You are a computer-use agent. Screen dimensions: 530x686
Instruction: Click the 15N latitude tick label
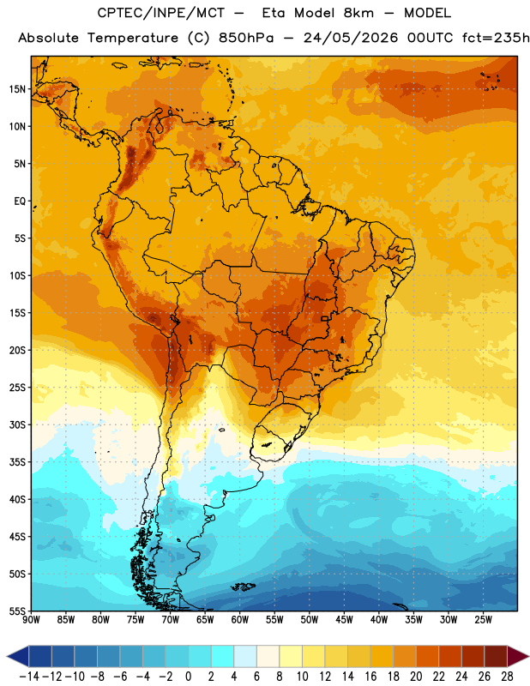17,89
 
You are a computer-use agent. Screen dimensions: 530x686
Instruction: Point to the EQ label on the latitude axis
20,202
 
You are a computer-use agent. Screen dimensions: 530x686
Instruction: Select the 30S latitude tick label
17,424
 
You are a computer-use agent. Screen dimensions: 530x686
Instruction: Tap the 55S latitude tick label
17,611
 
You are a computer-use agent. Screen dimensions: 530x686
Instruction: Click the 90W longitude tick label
31,620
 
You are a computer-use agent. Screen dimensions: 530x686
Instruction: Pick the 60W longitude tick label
240,620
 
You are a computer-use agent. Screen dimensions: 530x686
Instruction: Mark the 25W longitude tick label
483,620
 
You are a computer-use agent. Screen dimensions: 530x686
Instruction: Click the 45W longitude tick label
344,620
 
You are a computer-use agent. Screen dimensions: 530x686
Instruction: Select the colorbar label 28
507,677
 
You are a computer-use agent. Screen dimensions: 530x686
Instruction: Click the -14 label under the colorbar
29,677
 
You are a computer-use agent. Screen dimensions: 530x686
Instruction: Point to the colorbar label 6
256,677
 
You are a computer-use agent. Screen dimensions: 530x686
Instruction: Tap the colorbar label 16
370,677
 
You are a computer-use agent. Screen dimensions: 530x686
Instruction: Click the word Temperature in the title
133,38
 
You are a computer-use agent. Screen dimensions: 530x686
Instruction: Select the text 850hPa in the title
246,38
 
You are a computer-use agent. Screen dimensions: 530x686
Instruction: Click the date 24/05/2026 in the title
351,38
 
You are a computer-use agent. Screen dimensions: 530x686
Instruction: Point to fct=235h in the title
496,38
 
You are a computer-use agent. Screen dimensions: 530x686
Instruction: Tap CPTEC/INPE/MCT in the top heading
161,13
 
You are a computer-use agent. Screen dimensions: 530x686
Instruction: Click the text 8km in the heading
358,13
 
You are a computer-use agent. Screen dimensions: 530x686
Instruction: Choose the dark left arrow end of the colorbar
17,656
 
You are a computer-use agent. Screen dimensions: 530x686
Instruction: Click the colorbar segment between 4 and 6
245,656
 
